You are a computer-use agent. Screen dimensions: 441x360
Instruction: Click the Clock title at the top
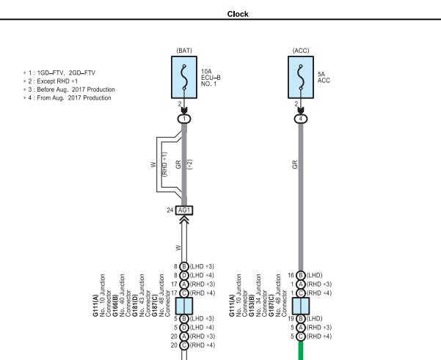[238, 14]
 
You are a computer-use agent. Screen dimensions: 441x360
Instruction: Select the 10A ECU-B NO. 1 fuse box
[184, 77]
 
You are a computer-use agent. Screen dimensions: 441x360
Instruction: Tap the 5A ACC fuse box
[301, 77]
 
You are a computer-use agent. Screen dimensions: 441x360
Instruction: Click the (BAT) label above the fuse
[184, 51]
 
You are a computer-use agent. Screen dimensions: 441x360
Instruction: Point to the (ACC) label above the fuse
[301, 51]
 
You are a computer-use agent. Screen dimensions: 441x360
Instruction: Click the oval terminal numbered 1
[184, 119]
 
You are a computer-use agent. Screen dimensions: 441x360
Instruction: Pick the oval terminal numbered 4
[301, 119]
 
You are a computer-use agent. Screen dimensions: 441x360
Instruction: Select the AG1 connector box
[184, 210]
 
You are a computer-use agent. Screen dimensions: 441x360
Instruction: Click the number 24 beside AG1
[170, 210]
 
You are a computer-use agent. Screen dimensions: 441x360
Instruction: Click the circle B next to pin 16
[301, 275]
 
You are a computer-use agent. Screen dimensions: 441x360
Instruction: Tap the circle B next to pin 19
[301, 319]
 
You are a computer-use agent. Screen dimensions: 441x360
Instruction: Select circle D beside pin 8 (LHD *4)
[184, 275]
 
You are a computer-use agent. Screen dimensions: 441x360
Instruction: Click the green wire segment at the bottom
[301, 350]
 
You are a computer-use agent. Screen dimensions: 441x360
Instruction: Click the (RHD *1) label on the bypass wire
[165, 164]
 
